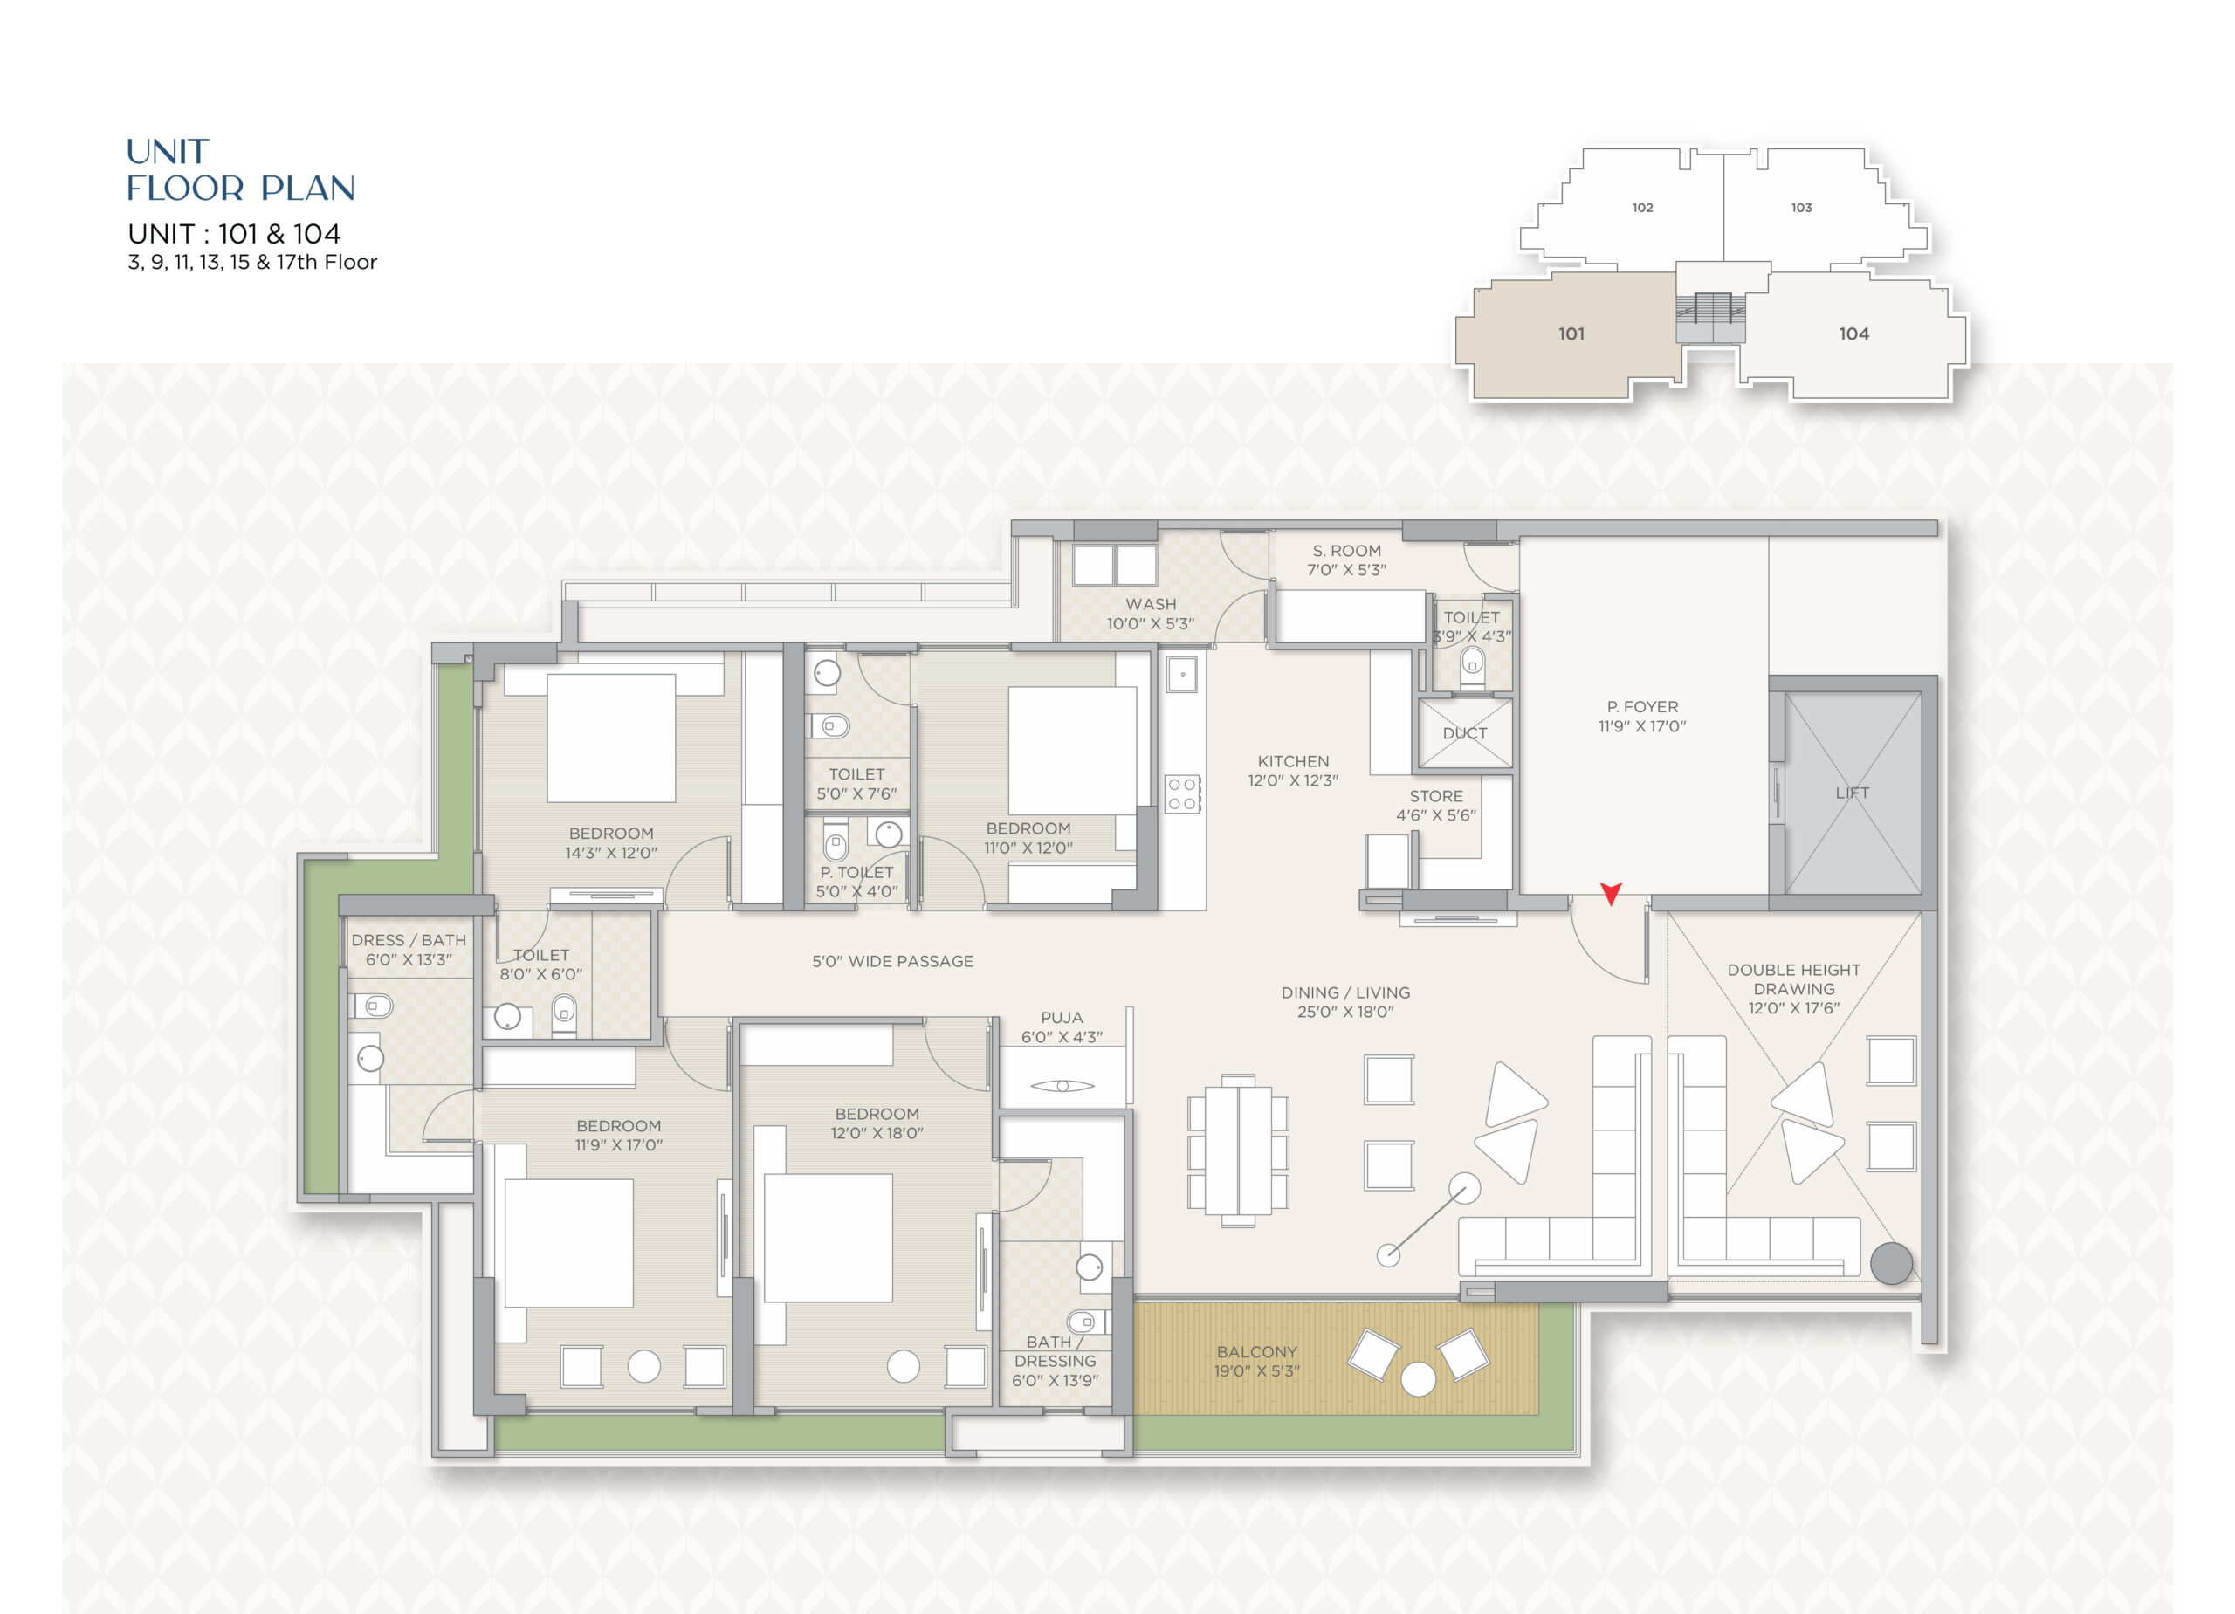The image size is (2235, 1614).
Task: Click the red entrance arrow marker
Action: pos(1612,893)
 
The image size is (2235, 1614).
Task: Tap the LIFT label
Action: pos(1852,793)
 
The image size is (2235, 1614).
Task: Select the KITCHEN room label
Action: pos(1293,762)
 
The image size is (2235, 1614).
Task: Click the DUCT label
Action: pos(1464,733)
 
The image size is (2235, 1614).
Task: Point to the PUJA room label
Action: pos(1062,1018)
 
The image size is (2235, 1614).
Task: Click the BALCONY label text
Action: pos(1256,1352)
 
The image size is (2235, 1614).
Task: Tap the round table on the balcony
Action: pos(1418,1378)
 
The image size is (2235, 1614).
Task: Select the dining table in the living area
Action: pos(1239,1150)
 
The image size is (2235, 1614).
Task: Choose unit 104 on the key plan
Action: pos(1853,334)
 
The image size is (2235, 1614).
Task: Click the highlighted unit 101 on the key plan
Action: pos(1571,334)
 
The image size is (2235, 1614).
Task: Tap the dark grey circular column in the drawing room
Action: pos(1891,1263)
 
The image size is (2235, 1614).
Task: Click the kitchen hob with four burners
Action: pos(1182,794)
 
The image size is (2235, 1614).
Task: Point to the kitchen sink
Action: pos(1181,675)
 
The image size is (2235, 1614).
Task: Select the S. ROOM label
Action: pos(1346,551)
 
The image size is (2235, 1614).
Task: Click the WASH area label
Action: pos(1150,604)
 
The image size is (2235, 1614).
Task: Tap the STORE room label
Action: pos(1436,796)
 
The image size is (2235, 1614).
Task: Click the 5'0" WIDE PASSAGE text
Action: pos(892,961)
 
